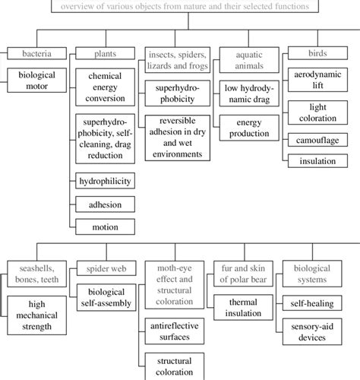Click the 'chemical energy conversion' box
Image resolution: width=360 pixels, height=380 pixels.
coord(105,88)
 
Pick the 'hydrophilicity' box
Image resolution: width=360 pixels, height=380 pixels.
coord(105,181)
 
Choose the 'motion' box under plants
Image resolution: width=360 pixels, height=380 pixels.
coord(105,226)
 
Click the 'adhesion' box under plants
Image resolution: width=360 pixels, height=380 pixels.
coord(105,204)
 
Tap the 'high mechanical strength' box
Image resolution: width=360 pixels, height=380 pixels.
coord(36,314)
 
